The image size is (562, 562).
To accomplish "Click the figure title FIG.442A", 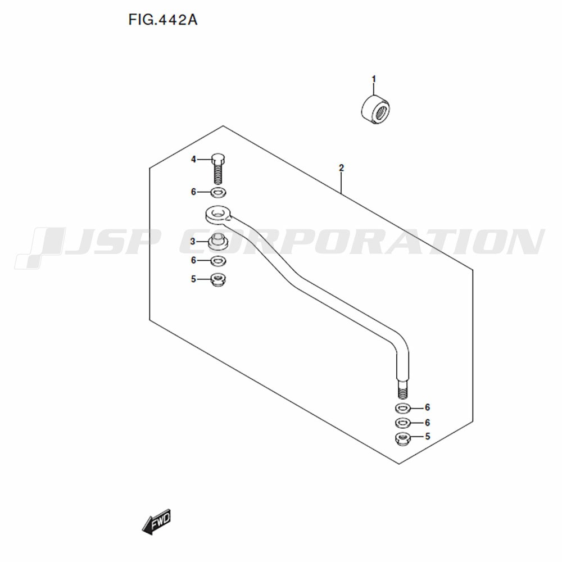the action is [163, 20].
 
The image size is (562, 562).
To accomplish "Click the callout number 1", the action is [374, 79].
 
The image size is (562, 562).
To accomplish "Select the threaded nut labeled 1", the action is [375, 109].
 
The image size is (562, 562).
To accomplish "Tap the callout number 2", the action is [341, 167].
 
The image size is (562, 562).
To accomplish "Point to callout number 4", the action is [193, 159].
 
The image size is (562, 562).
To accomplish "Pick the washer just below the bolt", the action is [218, 192].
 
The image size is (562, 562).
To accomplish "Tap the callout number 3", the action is [193, 242].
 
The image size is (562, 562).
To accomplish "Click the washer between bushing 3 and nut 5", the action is [218, 261].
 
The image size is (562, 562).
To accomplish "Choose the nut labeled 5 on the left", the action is [218, 279].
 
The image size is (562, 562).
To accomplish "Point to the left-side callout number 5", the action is [193, 279].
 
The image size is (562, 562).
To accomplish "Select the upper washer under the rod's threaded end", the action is [403, 408].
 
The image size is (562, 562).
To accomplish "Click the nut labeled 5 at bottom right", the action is [402, 439].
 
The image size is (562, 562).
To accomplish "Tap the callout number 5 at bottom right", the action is [427, 436].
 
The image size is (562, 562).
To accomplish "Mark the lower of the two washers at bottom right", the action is [403, 423].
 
